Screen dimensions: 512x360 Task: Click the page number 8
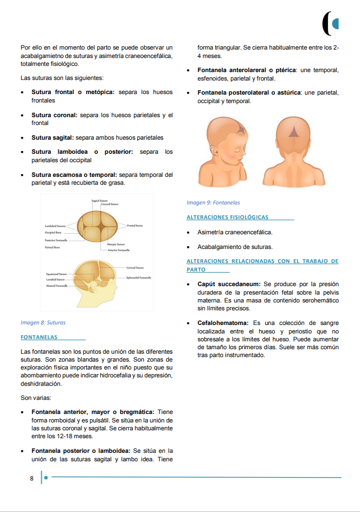pos(32,479)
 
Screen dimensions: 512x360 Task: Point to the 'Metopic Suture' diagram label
pos(115,244)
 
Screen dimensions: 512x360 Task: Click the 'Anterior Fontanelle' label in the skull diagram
pos(119,250)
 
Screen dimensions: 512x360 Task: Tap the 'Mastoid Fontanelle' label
pos(57,286)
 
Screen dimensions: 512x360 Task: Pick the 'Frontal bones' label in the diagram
pos(135,225)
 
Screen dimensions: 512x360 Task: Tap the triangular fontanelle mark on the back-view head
pos(293,133)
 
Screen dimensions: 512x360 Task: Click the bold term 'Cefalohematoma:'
pos(223,323)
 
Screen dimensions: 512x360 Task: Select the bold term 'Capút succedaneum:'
pos(229,284)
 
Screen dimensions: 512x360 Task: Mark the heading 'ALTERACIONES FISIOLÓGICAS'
pos(228,217)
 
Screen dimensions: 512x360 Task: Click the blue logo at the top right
pos(331,23)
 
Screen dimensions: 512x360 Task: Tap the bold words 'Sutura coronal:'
pos(55,115)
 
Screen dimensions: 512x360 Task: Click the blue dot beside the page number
pos(46,478)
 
